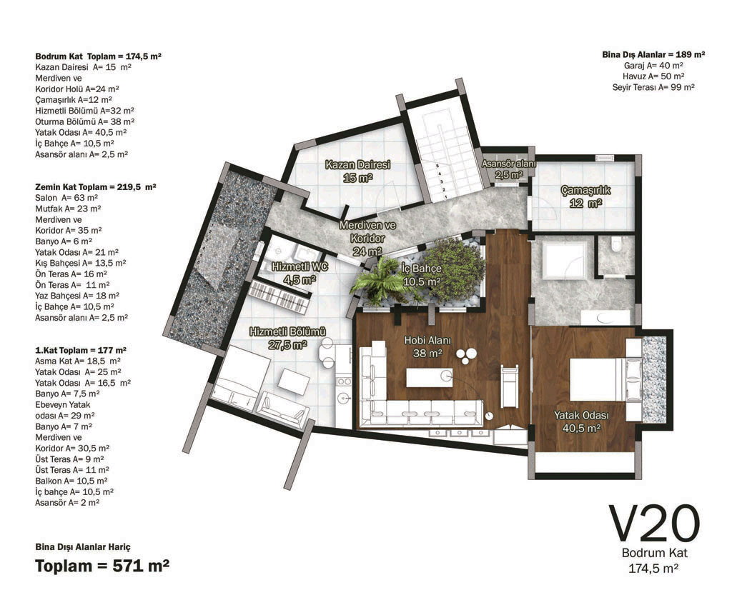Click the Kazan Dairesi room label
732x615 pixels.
point(357,171)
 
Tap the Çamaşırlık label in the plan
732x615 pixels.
point(585,196)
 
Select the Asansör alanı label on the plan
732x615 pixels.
point(509,169)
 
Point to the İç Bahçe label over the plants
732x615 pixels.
point(422,275)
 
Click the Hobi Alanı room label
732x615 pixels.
point(427,346)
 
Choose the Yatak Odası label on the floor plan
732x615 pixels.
point(581,421)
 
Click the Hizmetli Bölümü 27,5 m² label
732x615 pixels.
point(287,339)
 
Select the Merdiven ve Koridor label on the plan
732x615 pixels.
point(368,238)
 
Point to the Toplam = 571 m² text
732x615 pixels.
point(102,566)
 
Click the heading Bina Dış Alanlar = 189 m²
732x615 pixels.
point(653,54)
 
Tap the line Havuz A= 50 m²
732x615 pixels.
point(653,76)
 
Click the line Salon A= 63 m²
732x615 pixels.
point(66,198)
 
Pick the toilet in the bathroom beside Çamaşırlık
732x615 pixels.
point(615,243)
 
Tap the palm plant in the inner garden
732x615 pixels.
point(380,280)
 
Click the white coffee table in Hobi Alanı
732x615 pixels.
point(429,377)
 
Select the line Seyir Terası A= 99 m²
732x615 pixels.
point(653,87)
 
